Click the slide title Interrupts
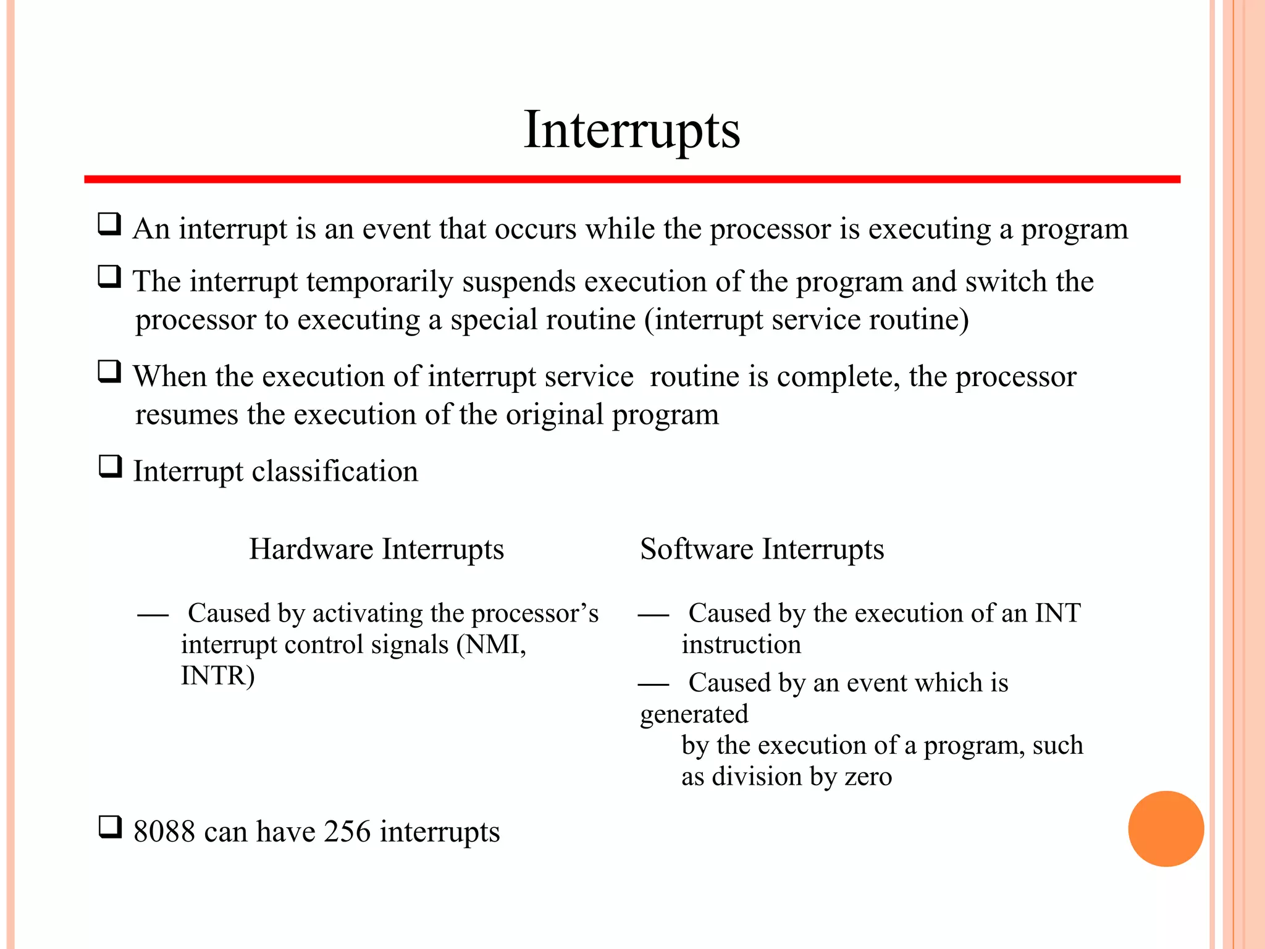[631, 130]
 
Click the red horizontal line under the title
[631, 179]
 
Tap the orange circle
[1166, 829]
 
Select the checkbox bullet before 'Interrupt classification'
[110, 466]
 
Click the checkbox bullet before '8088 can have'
[110, 827]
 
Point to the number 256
[347, 832]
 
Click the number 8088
[164, 832]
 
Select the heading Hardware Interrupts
[376, 549]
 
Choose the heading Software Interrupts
[762, 549]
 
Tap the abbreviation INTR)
[217, 676]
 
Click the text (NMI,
[491, 645]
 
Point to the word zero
[868, 777]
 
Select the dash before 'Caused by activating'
[153, 615]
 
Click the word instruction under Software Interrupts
[741, 645]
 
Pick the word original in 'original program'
[554, 415]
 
